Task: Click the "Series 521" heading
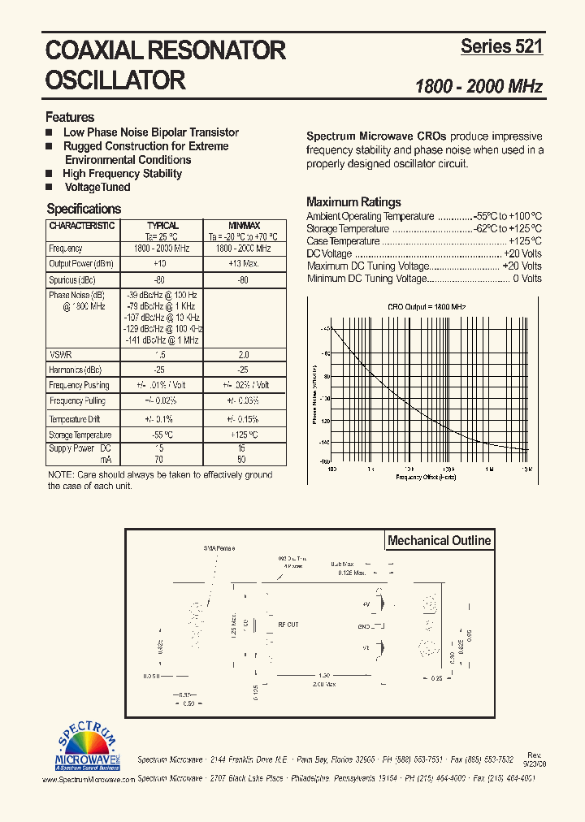pyautogui.click(x=501, y=47)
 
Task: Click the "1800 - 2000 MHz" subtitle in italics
pyautogui.click(x=479, y=86)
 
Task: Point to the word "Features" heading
pyautogui.click(x=70, y=117)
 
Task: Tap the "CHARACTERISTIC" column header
pyautogui.click(x=81, y=226)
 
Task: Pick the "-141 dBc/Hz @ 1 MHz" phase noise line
pyautogui.click(x=162, y=340)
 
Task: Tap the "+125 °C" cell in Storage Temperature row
pyautogui.click(x=242, y=435)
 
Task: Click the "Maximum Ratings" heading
pyautogui.click(x=353, y=202)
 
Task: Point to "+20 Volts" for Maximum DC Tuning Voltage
pyautogui.click(x=522, y=266)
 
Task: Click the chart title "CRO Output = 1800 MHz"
pyautogui.click(x=427, y=307)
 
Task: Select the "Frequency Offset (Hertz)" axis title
pyautogui.click(x=426, y=477)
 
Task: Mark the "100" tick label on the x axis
pyautogui.click(x=332, y=469)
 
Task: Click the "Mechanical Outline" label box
pyautogui.click(x=439, y=540)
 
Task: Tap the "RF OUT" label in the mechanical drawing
pyautogui.click(x=288, y=625)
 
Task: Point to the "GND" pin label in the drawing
pyautogui.click(x=363, y=626)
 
